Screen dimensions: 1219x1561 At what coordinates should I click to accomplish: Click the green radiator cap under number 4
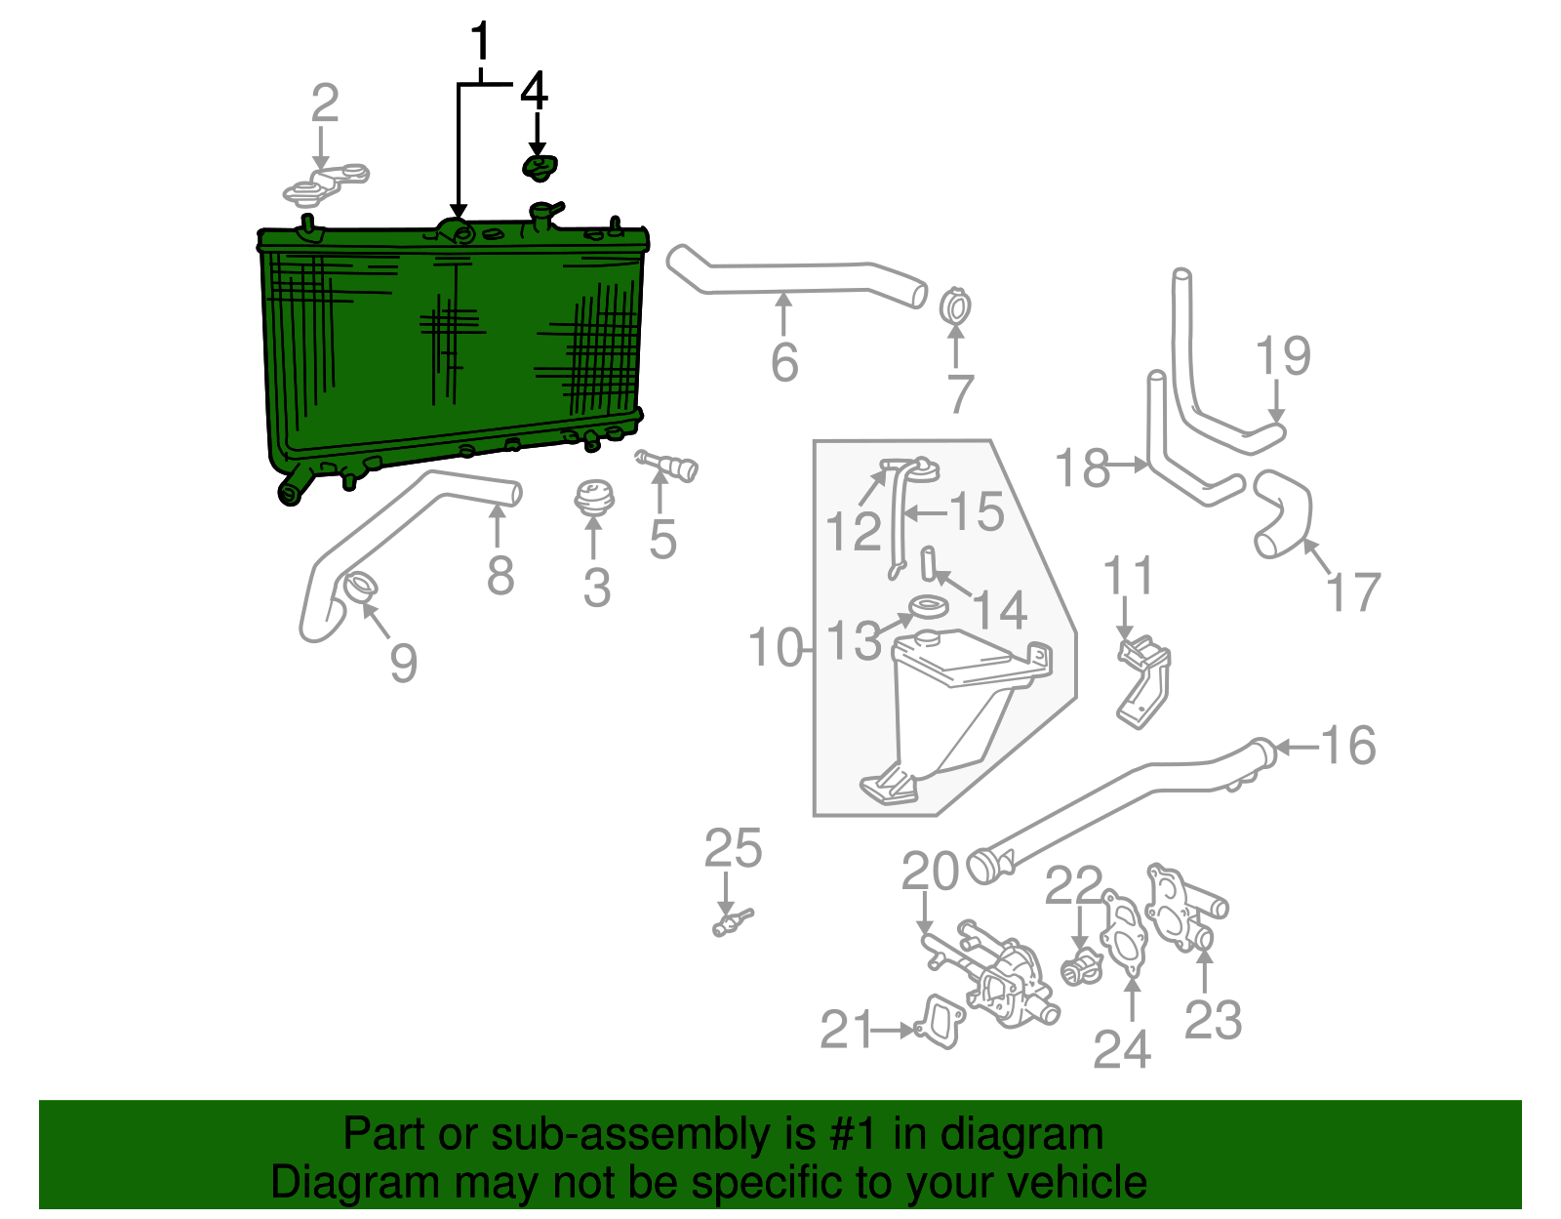pos(539,168)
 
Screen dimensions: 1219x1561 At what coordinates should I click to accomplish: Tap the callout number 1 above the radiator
pos(480,44)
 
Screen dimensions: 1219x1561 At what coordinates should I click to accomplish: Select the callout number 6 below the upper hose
pos(784,362)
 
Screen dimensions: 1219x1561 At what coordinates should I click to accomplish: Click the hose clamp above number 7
pos(955,307)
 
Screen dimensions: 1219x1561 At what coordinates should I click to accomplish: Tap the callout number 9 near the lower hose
pos(403,663)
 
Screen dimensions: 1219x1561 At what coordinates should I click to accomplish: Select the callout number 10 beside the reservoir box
pos(776,647)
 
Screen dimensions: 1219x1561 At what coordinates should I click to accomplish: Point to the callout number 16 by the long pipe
pos(1348,746)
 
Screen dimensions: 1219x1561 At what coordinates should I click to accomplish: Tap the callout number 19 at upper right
pos(1283,355)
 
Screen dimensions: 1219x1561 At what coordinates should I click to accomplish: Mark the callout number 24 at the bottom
pos(1122,1049)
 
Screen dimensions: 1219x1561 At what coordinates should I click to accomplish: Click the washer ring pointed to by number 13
pos(927,609)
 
